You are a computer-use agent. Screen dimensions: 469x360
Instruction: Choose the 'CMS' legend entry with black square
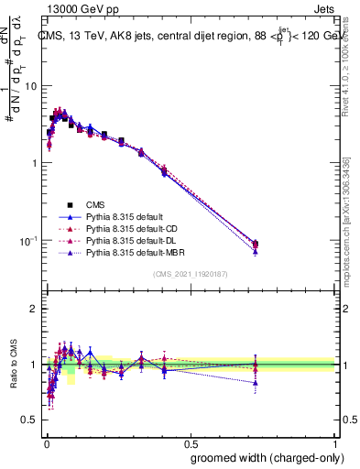tap(96, 204)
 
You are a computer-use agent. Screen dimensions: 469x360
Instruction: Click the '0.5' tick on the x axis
tap(191, 442)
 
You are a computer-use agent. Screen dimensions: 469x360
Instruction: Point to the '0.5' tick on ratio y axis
tap(29, 420)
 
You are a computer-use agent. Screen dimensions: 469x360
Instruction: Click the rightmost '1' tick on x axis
tap(336, 442)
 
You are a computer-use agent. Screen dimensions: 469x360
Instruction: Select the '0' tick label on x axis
tap(47, 442)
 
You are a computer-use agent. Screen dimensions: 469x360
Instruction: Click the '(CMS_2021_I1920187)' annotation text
tap(191, 275)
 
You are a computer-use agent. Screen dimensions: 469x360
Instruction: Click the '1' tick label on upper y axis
tap(34, 163)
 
